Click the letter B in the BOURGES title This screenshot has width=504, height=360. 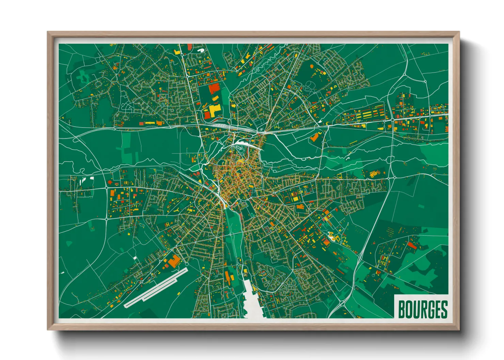pyautogui.click(x=402, y=309)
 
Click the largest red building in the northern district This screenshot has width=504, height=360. pyautogui.click(x=214, y=88)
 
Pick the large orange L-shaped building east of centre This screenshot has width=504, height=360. pyautogui.click(x=315, y=137)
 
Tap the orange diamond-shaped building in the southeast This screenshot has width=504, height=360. pyautogui.click(x=326, y=243)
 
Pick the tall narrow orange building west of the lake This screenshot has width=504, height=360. pyautogui.click(x=227, y=276)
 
